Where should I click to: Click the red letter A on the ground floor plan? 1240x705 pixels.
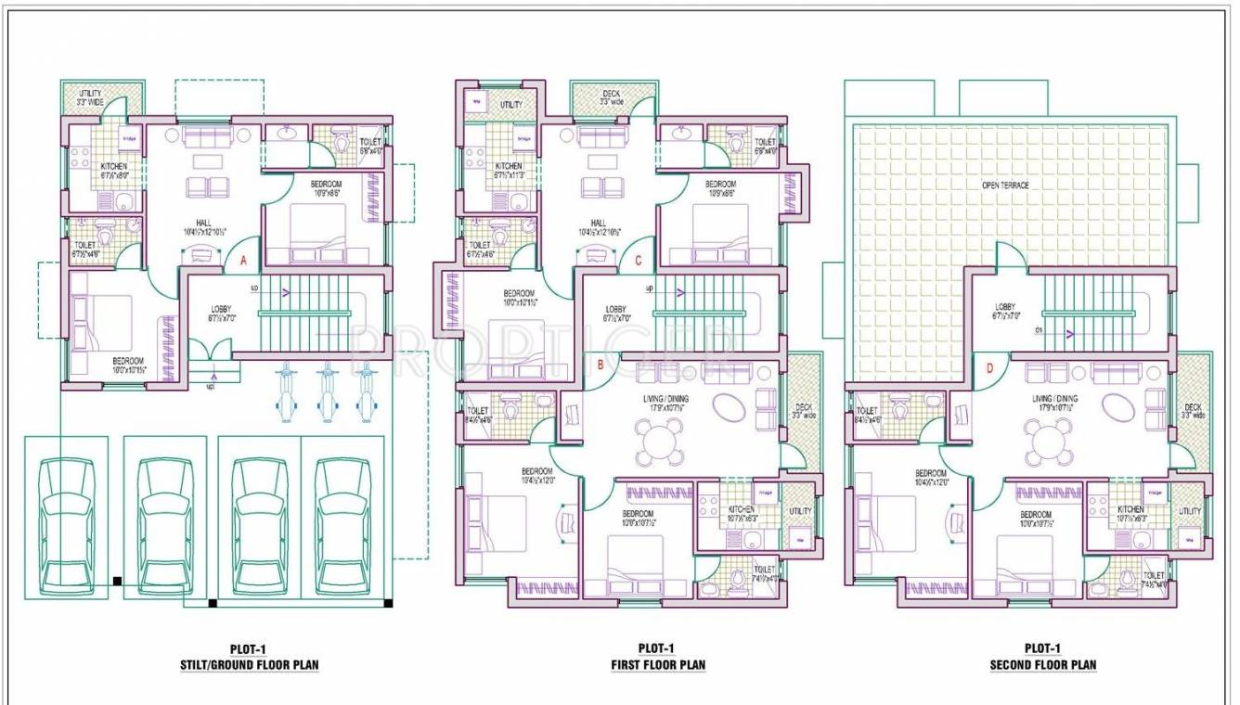click(243, 262)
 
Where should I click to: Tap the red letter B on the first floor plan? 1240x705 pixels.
click(601, 365)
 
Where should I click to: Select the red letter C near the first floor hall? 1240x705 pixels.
click(639, 262)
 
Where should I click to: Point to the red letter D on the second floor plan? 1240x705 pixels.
click(989, 368)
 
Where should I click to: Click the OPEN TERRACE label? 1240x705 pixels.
click(1005, 186)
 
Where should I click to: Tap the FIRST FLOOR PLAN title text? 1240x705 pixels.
click(657, 664)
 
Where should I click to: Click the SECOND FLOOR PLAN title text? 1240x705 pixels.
click(1043, 664)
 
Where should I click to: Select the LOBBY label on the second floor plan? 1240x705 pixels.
click(1005, 307)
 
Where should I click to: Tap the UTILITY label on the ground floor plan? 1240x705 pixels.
click(90, 94)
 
